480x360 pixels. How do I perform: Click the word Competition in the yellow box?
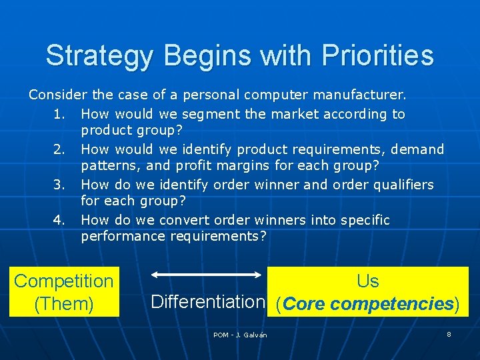point(64,281)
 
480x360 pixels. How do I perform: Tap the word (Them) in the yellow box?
point(64,304)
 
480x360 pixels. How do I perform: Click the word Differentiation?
point(208,301)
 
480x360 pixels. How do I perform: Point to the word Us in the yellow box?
point(367,281)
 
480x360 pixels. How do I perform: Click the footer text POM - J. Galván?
point(240,335)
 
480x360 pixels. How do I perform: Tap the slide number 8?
point(449,334)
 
